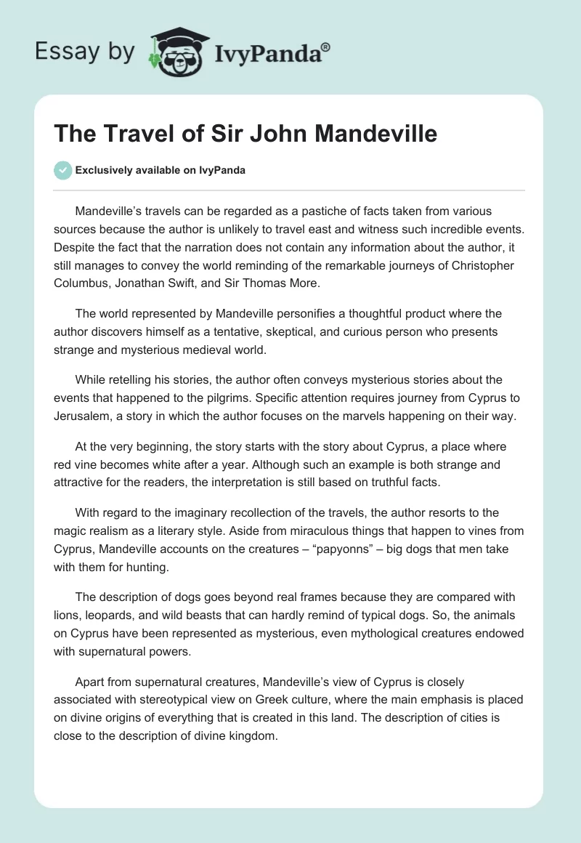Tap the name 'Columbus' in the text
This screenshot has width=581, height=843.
point(81,281)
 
